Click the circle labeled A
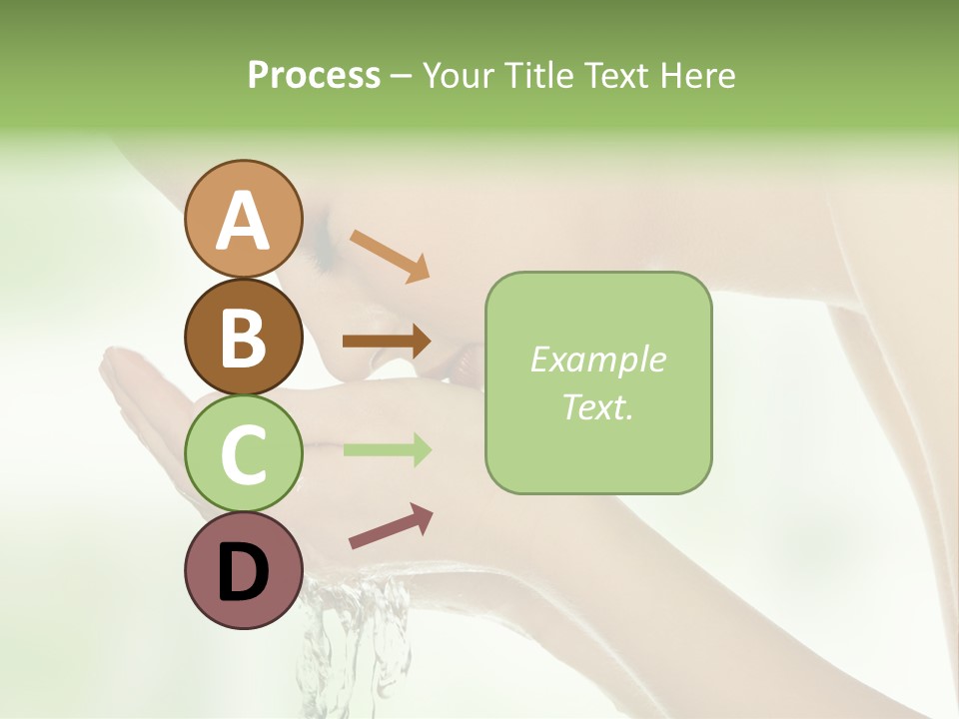point(243,219)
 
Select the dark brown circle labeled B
point(243,337)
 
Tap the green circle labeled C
point(243,452)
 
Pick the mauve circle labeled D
point(243,570)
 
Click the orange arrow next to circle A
point(390,255)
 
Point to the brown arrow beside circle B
point(387,342)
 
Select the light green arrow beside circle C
point(387,449)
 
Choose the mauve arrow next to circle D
point(391,525)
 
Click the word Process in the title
point(314,75)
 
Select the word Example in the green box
point(597,359)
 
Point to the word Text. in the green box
point(597,406)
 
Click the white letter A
point(243,221)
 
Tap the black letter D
point(243,572)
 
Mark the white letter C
point(243,454)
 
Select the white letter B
point(243,339)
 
